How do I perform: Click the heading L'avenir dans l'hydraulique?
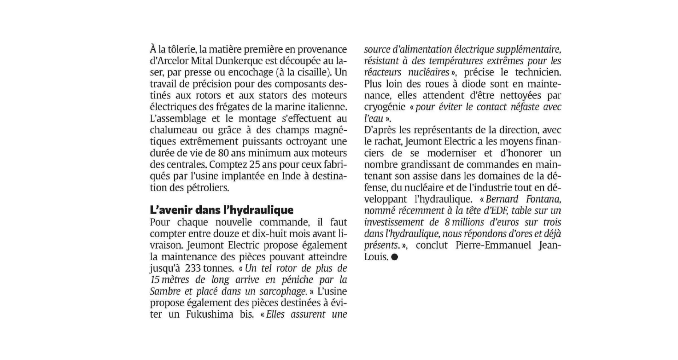222,210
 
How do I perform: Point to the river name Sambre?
164,291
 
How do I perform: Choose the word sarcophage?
283,291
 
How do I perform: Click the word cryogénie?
382,107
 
